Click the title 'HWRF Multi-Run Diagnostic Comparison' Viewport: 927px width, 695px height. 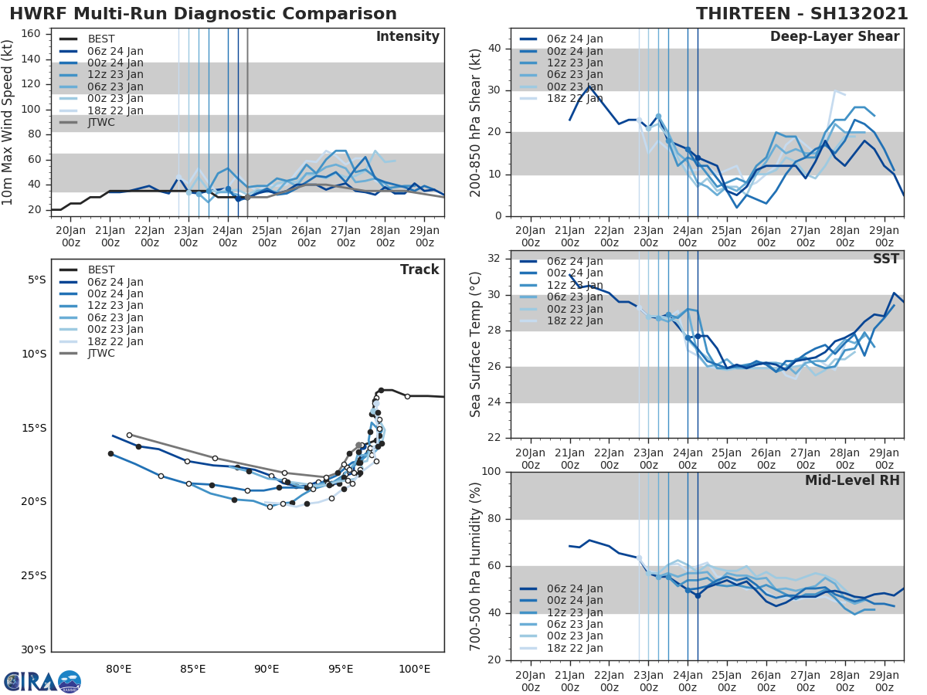click(203, 14)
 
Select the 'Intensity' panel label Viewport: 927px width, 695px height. click(407, 37)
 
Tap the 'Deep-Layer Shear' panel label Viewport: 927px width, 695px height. click(834, 37)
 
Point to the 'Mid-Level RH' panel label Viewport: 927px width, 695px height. click(852, 480)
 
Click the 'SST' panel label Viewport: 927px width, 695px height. click(886, 259)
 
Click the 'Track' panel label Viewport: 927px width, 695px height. click(419, 270)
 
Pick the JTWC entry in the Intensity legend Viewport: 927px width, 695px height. click(101, 122)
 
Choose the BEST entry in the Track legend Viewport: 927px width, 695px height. click(101, 270)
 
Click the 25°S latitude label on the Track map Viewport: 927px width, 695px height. click(34, 575)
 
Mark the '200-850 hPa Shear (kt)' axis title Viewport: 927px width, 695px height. click(477, 122)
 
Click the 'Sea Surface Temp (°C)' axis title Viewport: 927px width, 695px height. click(477, 344)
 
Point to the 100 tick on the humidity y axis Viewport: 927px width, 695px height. click(492, 472)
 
